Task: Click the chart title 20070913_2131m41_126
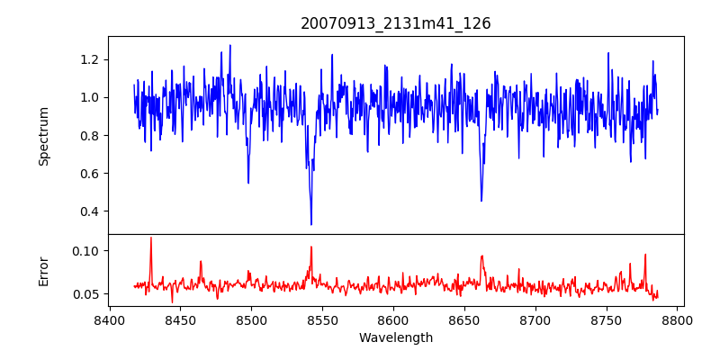click(396, 23)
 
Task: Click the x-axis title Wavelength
click(396, 338)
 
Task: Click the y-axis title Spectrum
click(44, 136)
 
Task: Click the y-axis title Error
click(44, 270)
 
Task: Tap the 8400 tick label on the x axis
click(109, 319)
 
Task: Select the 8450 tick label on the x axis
click(180, 319)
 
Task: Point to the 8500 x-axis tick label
click(251, 319)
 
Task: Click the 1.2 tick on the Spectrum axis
click(90, 59)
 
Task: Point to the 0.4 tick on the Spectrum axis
click(90, 211)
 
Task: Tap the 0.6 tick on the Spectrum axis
click(90, 174)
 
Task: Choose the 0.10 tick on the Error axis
click(86, 250)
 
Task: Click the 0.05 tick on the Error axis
click(86, 294)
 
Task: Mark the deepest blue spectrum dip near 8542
click(311, 224)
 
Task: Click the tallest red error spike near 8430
click(150, 238)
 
